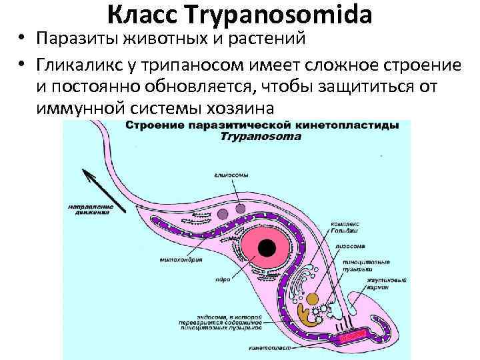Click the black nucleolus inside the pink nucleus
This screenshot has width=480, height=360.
tap(266, 248)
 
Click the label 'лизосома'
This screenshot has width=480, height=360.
tap(348, 245)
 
